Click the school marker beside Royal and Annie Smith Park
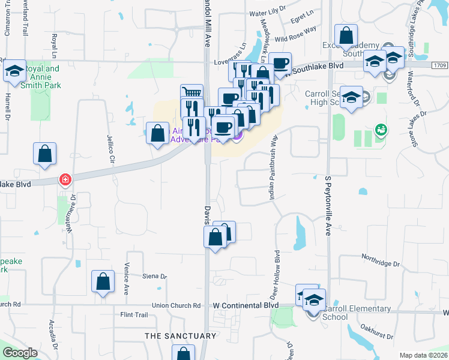coord(14,71)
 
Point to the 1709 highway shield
coord(439,64)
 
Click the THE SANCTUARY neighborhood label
coord(180,336)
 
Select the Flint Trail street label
coord(134,314)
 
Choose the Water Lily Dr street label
coord(266,13)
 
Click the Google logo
coord(20,353)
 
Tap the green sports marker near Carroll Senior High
coord(380,129)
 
